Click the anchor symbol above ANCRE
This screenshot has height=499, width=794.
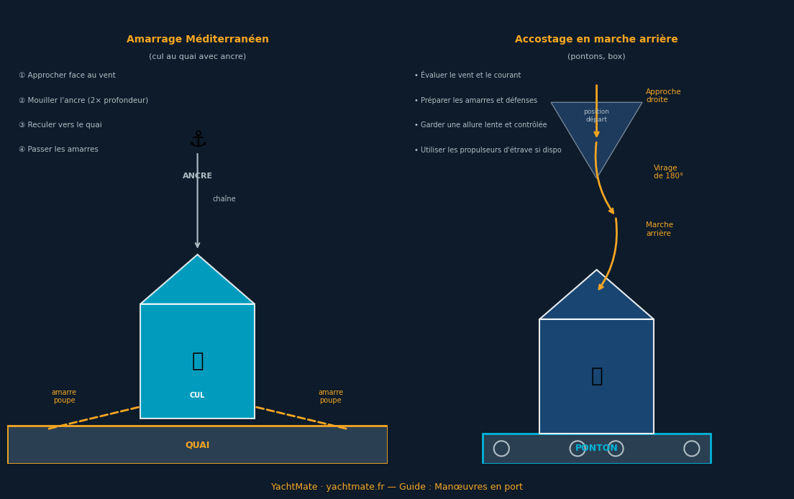[198, 139]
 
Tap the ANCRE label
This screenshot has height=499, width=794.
[197, 176]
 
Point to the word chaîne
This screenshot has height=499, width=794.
[224, 199]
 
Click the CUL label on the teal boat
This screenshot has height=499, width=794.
[197, 395]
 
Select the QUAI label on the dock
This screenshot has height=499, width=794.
[197, 445]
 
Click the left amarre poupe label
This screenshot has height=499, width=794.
[64, 396]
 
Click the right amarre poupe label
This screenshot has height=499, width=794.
[330, 396]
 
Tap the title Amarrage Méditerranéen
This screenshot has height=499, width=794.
[197, 40]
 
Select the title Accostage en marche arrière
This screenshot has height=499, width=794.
[596, 40]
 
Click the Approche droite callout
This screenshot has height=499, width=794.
[662, 96]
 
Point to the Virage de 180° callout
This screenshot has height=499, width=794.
[667, 172]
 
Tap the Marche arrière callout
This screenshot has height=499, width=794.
[659, 229]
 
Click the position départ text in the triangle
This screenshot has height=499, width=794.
[596, 115]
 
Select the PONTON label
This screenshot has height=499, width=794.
[596, 448]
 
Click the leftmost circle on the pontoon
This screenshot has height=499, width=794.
[501, 449]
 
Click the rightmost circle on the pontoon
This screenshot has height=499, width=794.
[691, 449]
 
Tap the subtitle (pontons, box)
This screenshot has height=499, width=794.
[596, 57]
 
